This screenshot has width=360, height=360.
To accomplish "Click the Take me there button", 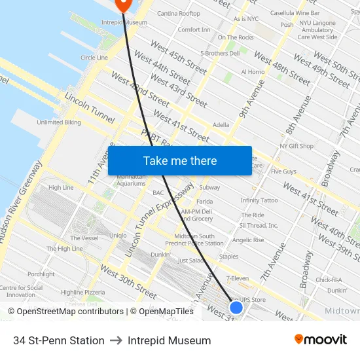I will click(180, 161).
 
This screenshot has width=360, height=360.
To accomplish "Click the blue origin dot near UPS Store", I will click(236, 307).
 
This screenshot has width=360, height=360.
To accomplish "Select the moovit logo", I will click(321, 340).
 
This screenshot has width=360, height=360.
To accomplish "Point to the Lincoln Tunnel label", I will click(90, 109).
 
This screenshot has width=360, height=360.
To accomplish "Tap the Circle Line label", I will click(94, 58).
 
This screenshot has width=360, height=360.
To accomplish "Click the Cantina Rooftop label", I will click(179, 13).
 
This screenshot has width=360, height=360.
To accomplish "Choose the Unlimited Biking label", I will click(59, 122).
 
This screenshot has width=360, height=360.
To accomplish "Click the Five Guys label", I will click(283, 171).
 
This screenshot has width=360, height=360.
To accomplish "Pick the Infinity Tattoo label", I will click(259, 200).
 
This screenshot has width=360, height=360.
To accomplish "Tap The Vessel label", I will click(84, 238).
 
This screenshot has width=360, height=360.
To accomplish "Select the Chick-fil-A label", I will click(329, 279).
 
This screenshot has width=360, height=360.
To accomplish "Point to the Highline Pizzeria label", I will click(82, 293).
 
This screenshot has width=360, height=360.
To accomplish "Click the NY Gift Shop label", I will click(297, 146).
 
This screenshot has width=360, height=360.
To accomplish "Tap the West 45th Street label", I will click(179, 56).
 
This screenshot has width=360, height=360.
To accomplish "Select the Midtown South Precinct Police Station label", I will click(198, 240).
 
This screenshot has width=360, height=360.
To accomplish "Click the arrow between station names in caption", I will click(116, 340).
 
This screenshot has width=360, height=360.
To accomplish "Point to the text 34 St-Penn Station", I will click(59, 340).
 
